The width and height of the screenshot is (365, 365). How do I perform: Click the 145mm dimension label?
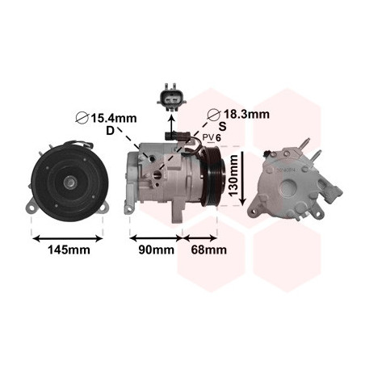69,250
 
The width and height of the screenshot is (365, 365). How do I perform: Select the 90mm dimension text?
156,250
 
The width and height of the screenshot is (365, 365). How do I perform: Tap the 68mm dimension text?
208,250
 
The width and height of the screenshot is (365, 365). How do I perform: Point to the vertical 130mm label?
233,175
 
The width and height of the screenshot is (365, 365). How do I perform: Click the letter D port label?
110,131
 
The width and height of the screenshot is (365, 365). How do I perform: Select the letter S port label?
222,126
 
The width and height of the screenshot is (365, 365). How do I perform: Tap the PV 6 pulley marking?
212,137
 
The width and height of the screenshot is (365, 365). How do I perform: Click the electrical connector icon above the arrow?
171,98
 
